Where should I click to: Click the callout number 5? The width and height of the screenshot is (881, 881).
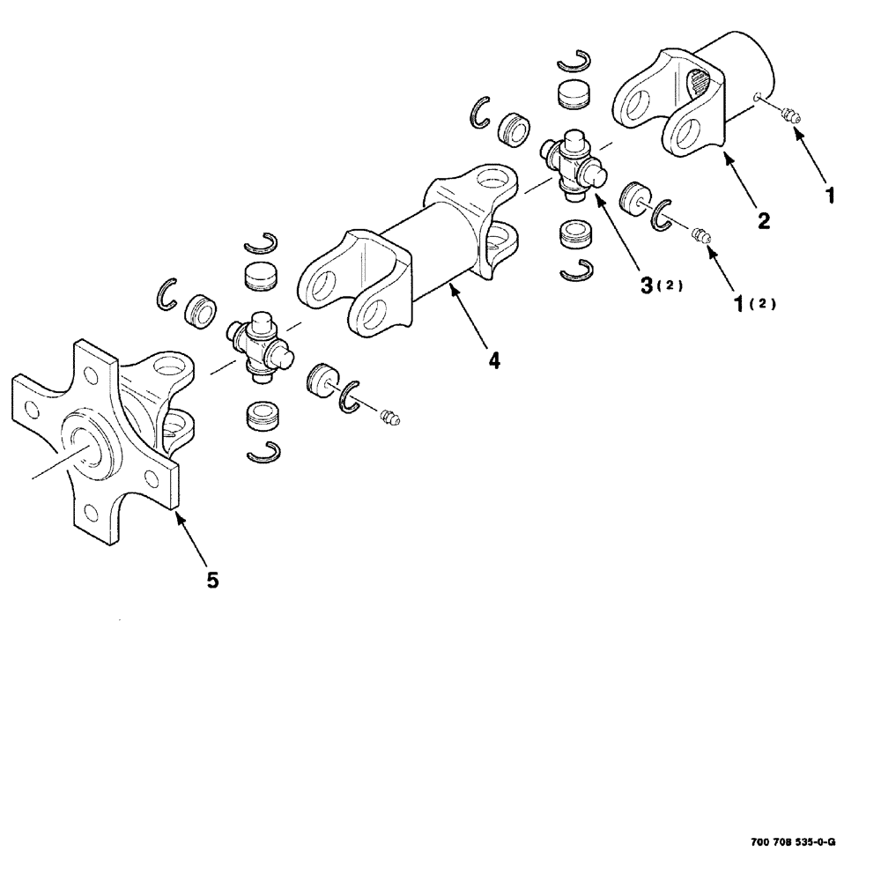211,581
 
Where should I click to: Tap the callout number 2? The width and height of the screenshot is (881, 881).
764,220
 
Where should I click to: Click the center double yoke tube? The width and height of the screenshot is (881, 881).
414,255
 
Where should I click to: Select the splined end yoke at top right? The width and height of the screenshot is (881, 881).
696,97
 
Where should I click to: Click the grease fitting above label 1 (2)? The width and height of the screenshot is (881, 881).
700,235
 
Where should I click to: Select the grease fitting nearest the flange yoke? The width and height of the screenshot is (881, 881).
391,416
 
